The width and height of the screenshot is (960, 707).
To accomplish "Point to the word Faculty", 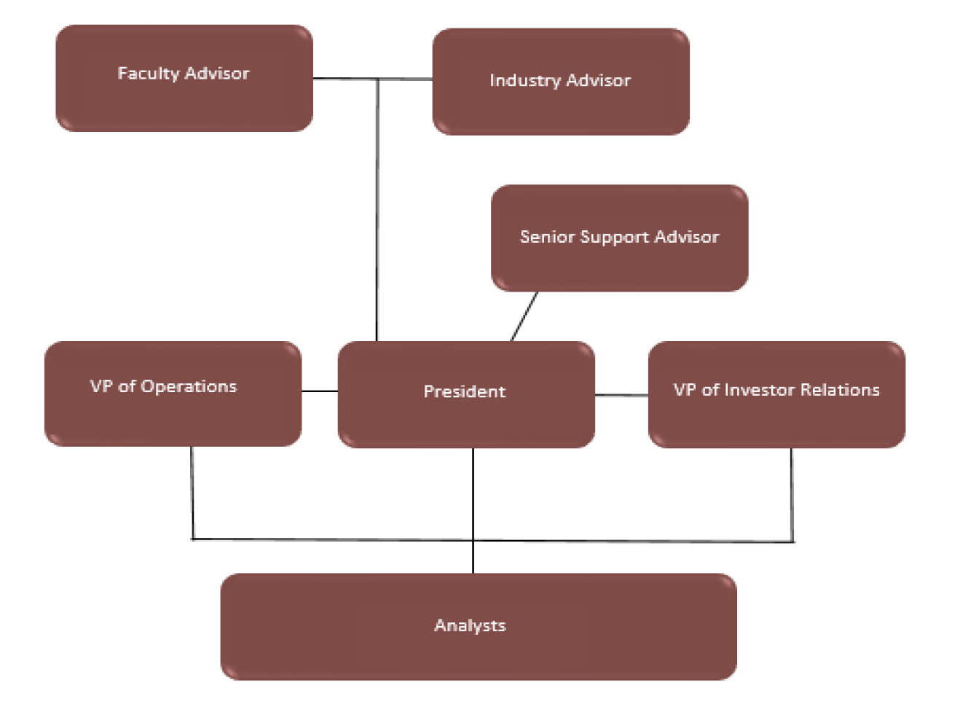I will pyautogui.click(x=148, y=74).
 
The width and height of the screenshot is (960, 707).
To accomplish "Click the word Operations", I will pyautogui.click(x=189, y=387).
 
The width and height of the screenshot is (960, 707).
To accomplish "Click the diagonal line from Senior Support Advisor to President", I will pyautogui.click(x=524, y=316).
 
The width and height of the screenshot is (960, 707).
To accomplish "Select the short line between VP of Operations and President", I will pyautogui.click(x=320, y=391).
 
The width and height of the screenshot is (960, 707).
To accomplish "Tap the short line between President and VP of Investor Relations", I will pyautogui.click(x=621, y=395).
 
